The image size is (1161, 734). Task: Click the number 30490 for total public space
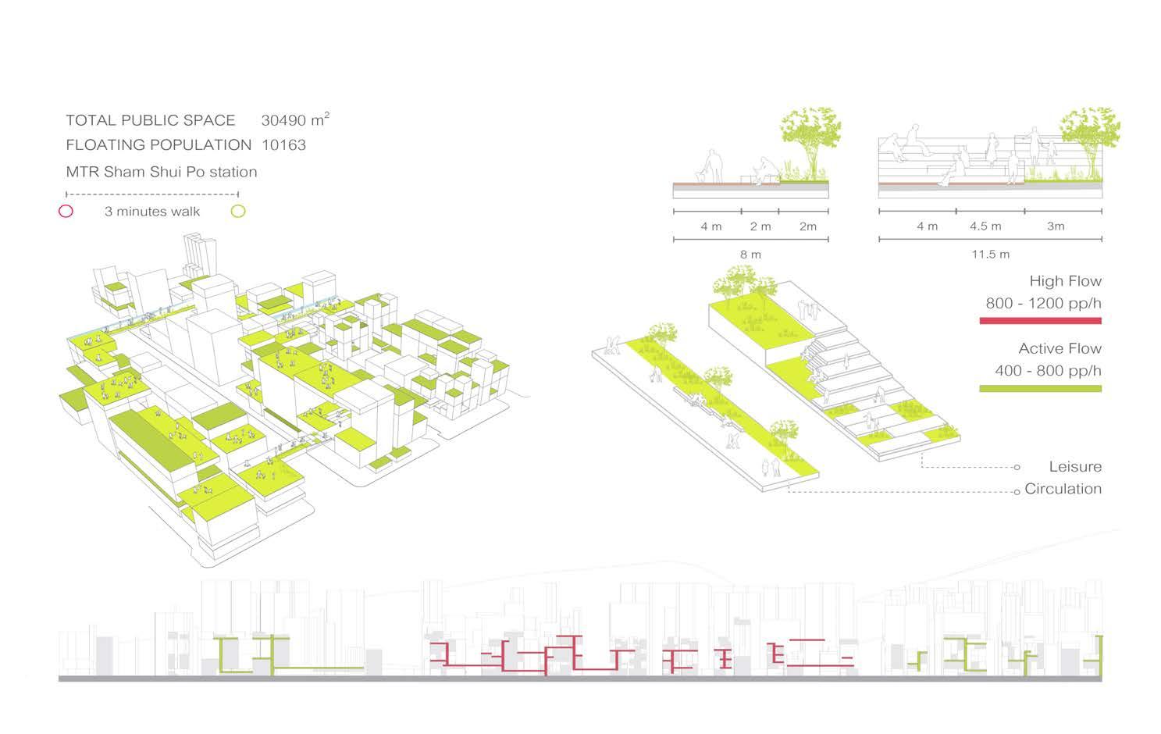click(x=284, y=120)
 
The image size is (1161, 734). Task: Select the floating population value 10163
click(x=283, y=144)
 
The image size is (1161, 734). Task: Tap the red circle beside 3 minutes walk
click(x=66, y=211)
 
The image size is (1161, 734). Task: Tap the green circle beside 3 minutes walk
click(x=238, y=211)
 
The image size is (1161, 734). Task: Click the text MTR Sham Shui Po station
click(x=161, y=172)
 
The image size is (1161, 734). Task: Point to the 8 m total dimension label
click(x=750, y=255)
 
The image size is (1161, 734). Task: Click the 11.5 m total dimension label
click(x=990, y=255)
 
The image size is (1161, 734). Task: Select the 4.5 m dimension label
click(x=985, y=226)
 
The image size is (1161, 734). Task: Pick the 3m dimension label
click(x=1056, y=226)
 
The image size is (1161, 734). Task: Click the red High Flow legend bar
click(x=1040, y=321)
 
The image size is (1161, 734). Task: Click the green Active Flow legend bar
click(x=1040, y=388)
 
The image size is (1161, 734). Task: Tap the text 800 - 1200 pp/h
click(x=1043, y=303)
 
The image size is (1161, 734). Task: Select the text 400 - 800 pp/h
click(x=1048, y=370)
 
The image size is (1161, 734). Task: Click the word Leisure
click(x=1075, y=467)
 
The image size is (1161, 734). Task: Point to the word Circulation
click(x=1063, y=489)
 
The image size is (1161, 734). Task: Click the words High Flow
click(x=1065, y=281)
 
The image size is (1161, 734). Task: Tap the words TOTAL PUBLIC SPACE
click(x=150, y=120)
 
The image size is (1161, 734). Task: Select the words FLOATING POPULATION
click(x=158, y=144)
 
